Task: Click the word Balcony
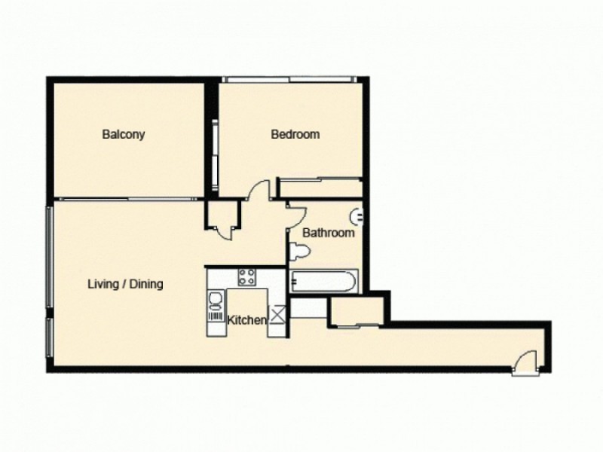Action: click(123, 136)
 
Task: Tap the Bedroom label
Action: click(295, 135)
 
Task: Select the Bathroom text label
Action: click(328, 234)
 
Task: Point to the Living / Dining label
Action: click(125, 285)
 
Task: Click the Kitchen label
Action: click(246, 320)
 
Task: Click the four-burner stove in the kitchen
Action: click(247, 276)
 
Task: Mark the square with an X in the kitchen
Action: click(277, 316)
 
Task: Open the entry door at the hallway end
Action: click(525, 363)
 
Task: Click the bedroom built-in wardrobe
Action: click(320, 188)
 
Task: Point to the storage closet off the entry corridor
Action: click(357, 310)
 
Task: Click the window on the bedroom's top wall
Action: click(289, 78)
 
